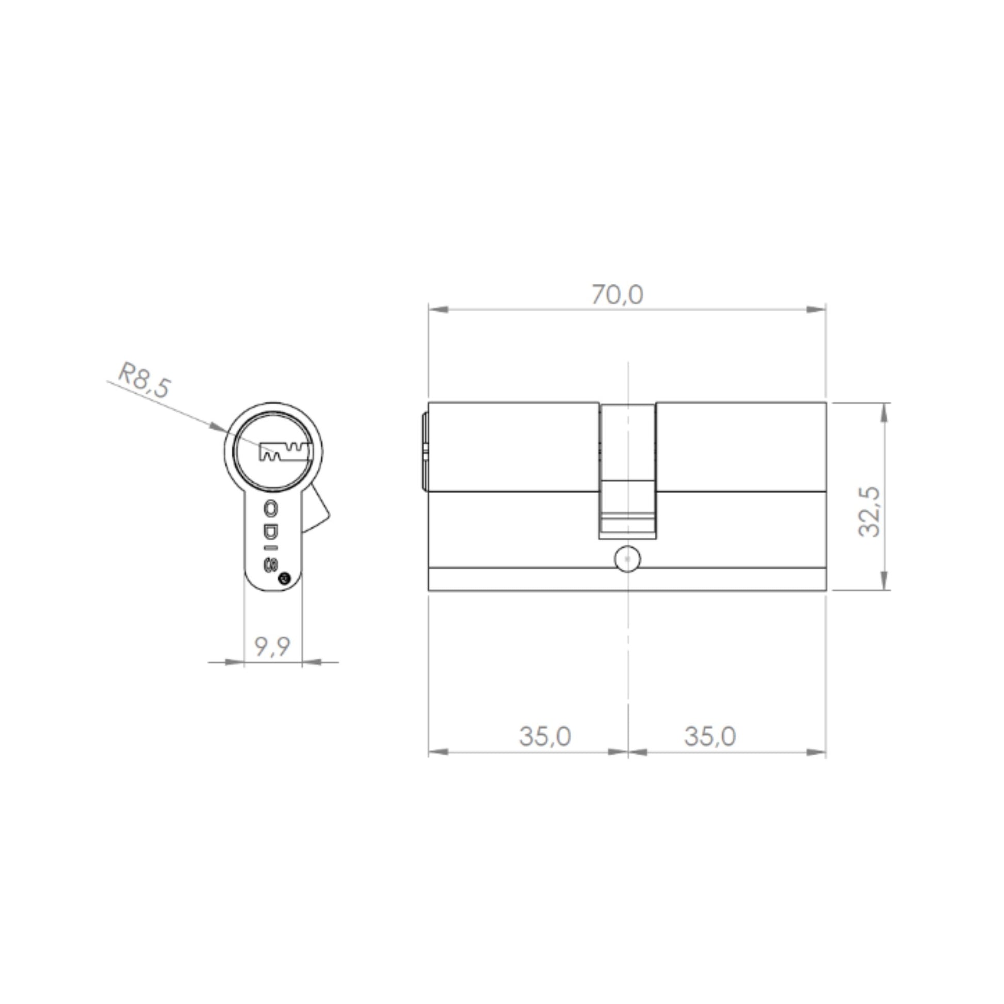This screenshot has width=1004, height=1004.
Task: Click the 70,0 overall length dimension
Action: [617, 295]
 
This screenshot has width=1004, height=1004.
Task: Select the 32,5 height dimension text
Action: [868, 512]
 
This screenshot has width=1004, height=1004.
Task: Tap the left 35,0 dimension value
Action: [545, 736]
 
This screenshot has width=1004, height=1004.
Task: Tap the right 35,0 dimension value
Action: [710, 736]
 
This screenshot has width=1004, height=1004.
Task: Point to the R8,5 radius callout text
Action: [144, 381]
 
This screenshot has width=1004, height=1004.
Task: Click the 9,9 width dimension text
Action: [272, 646]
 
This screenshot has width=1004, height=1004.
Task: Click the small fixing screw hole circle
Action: [628, 559]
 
